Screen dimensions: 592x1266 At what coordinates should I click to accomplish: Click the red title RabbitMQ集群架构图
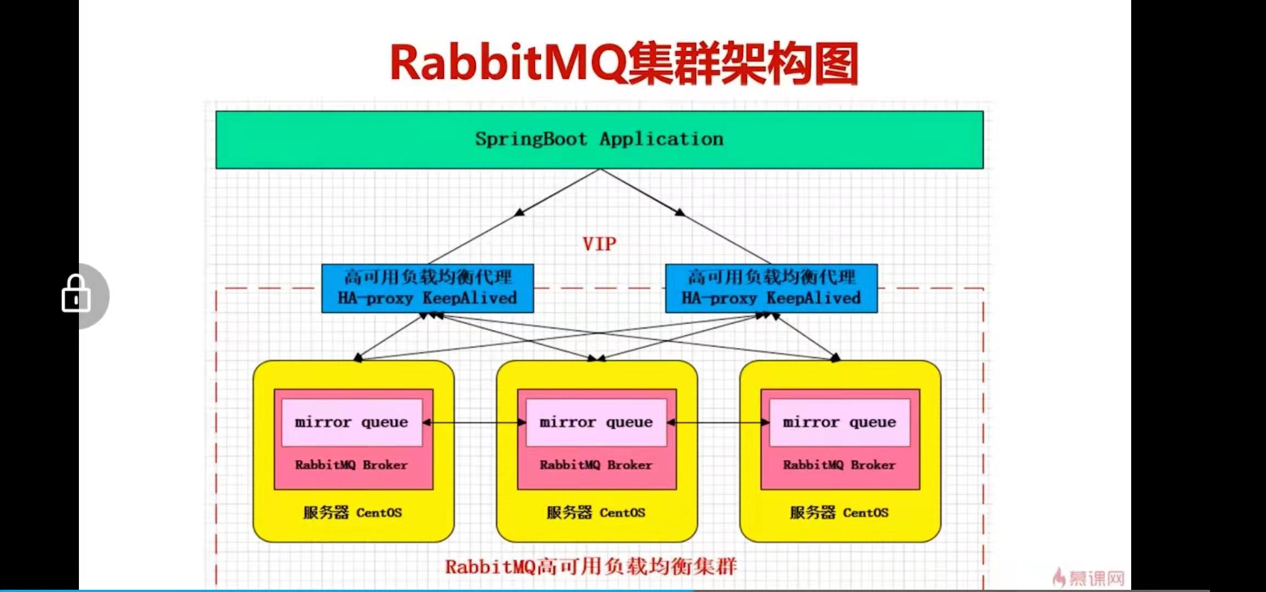click(624, 64)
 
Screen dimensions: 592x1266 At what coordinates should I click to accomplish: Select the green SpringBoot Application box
click(599, 140)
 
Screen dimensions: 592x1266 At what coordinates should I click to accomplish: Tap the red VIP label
click(599, 244)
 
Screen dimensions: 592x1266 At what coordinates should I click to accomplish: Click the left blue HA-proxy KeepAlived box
click(427, 288)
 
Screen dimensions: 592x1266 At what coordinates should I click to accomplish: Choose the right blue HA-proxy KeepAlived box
click(771, 288)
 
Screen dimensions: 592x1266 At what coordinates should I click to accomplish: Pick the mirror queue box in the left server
click(352, 422)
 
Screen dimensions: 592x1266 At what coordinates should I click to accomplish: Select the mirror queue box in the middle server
click(596, 422)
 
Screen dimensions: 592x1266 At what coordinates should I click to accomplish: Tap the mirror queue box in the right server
click(840, 422)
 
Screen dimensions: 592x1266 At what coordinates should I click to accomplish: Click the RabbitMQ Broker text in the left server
click(351, 465)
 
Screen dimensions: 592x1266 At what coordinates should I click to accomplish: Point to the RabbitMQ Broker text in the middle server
click(596, 465)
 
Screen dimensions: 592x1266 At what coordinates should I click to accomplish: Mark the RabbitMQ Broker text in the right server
click(839, 465)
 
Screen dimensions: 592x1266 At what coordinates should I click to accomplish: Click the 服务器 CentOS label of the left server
click(352, 513)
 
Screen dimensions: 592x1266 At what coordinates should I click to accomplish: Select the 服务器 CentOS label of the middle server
click(596, 513)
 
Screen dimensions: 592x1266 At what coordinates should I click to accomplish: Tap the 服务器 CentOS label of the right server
click(839, 513)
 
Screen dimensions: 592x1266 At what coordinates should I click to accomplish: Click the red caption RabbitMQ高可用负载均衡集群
click(591, 566)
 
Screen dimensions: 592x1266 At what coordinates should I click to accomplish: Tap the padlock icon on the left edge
click(76, 295)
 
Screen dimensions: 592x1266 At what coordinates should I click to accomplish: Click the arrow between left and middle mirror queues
click(475, 423)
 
